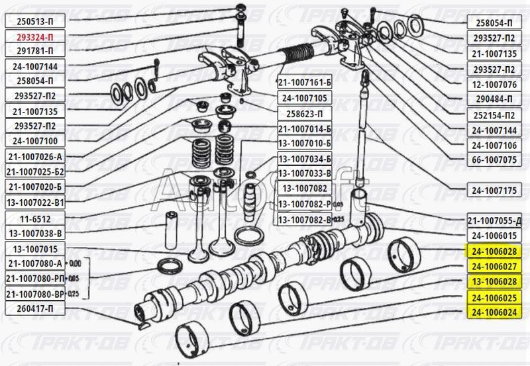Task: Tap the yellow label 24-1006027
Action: coord(494,267)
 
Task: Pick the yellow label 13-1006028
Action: coord(494,282)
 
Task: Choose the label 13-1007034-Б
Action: coord(303,160)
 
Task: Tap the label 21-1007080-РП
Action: coord(37,279)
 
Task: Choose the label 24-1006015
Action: coord(494,236)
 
